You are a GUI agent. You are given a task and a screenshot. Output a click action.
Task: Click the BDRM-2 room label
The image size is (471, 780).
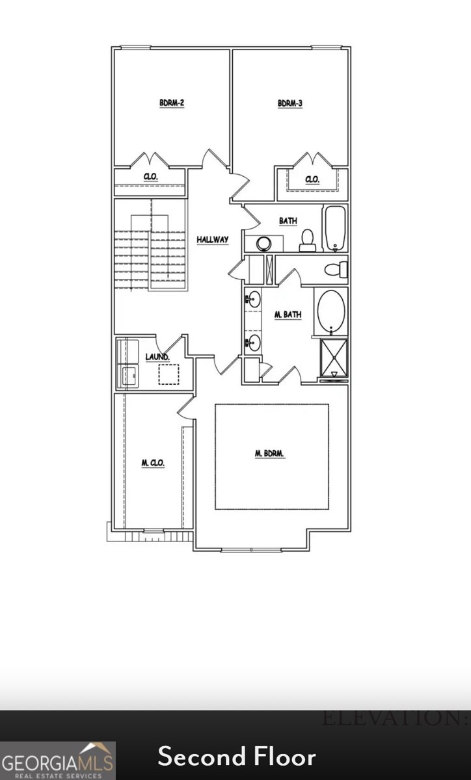pos(172,103)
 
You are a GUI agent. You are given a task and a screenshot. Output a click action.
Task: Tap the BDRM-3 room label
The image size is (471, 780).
pos(290,103)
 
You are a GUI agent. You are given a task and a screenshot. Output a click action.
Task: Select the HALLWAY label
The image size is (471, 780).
pos(213,240)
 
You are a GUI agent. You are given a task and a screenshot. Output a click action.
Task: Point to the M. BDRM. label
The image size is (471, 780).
pos(271,454)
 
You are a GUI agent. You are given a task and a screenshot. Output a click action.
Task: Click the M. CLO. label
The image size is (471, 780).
pos(153,463)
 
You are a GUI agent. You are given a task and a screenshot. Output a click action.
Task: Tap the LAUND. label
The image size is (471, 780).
pos(157,357)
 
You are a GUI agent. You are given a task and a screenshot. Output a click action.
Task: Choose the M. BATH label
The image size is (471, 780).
pos(288,315)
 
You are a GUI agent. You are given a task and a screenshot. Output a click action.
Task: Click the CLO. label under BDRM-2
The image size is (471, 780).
pos(150,177)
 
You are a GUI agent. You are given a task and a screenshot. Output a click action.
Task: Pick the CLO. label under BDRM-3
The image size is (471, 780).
pos(312,179)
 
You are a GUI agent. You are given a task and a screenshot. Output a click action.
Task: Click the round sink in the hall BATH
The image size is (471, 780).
pos(263,244)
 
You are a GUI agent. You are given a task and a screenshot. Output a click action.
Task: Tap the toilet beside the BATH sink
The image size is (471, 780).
pos(308,240)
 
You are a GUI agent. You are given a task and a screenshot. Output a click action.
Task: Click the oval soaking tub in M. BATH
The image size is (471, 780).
pos(331,311)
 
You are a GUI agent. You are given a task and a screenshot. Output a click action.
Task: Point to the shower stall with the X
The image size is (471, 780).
pos(333,357)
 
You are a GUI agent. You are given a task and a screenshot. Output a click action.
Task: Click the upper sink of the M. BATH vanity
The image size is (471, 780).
pos(253,300)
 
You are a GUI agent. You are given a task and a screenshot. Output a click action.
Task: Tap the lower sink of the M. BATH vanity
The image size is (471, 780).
pos(253,343)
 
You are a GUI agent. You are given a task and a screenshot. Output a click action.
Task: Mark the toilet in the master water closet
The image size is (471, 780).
pos(336,268)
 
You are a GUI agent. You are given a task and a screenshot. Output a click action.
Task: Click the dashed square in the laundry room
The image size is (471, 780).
pos(168,374)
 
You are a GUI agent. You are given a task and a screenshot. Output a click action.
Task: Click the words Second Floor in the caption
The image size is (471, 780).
pos(237,757)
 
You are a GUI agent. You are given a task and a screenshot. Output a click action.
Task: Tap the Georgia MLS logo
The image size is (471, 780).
pos(58,760)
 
